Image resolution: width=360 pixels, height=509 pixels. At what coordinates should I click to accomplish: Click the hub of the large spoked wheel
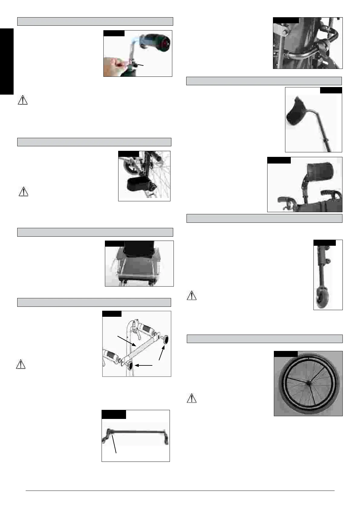pyautogui.click(x=308, y=383)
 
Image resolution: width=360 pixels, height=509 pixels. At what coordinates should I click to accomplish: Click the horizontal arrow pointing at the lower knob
pyautogui.click(x=144, y=365)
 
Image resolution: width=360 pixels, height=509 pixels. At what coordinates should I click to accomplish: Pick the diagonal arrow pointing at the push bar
pyautogui.click(x=126, y=340)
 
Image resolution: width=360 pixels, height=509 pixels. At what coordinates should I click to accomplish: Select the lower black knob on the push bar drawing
pyautogui.click(x=131, y=367)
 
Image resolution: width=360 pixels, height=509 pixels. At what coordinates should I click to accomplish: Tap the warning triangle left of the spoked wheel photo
pyautogui.click(x=192, y=398)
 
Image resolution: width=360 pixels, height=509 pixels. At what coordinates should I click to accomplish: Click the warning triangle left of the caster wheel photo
pyautogui.click(x=192, y=295)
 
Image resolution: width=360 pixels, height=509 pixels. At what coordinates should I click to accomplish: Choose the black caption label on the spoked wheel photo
pyautogui.click(x=286, y=354)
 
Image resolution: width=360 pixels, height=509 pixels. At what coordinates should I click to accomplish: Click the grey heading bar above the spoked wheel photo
pyautogui.click(x=264, y=339)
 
